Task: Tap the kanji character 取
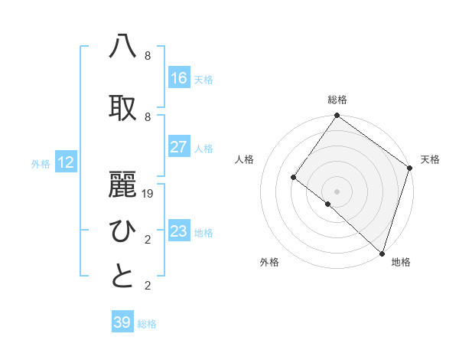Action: [123, 107]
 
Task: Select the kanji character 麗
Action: [123, 184]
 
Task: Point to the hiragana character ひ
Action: [123, 230]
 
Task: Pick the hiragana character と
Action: [123, 276]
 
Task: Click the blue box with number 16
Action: [179, 78]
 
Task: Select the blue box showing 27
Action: [179, 147]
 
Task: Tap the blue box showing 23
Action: [179, 231]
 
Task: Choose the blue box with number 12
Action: [66, 162]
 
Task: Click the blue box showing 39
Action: [122, 322]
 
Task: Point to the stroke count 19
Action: [148, 194]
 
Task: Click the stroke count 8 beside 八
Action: [148, 56]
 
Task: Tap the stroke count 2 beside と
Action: [148, 286]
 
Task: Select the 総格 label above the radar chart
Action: [337, 100]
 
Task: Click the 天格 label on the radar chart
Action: [430, 159]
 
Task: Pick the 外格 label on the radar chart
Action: [269, 263]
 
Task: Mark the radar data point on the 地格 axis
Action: [382, 253]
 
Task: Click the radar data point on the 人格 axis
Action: [293, 178]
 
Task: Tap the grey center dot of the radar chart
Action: [337, 191]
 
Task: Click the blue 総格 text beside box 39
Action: [148, 324]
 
